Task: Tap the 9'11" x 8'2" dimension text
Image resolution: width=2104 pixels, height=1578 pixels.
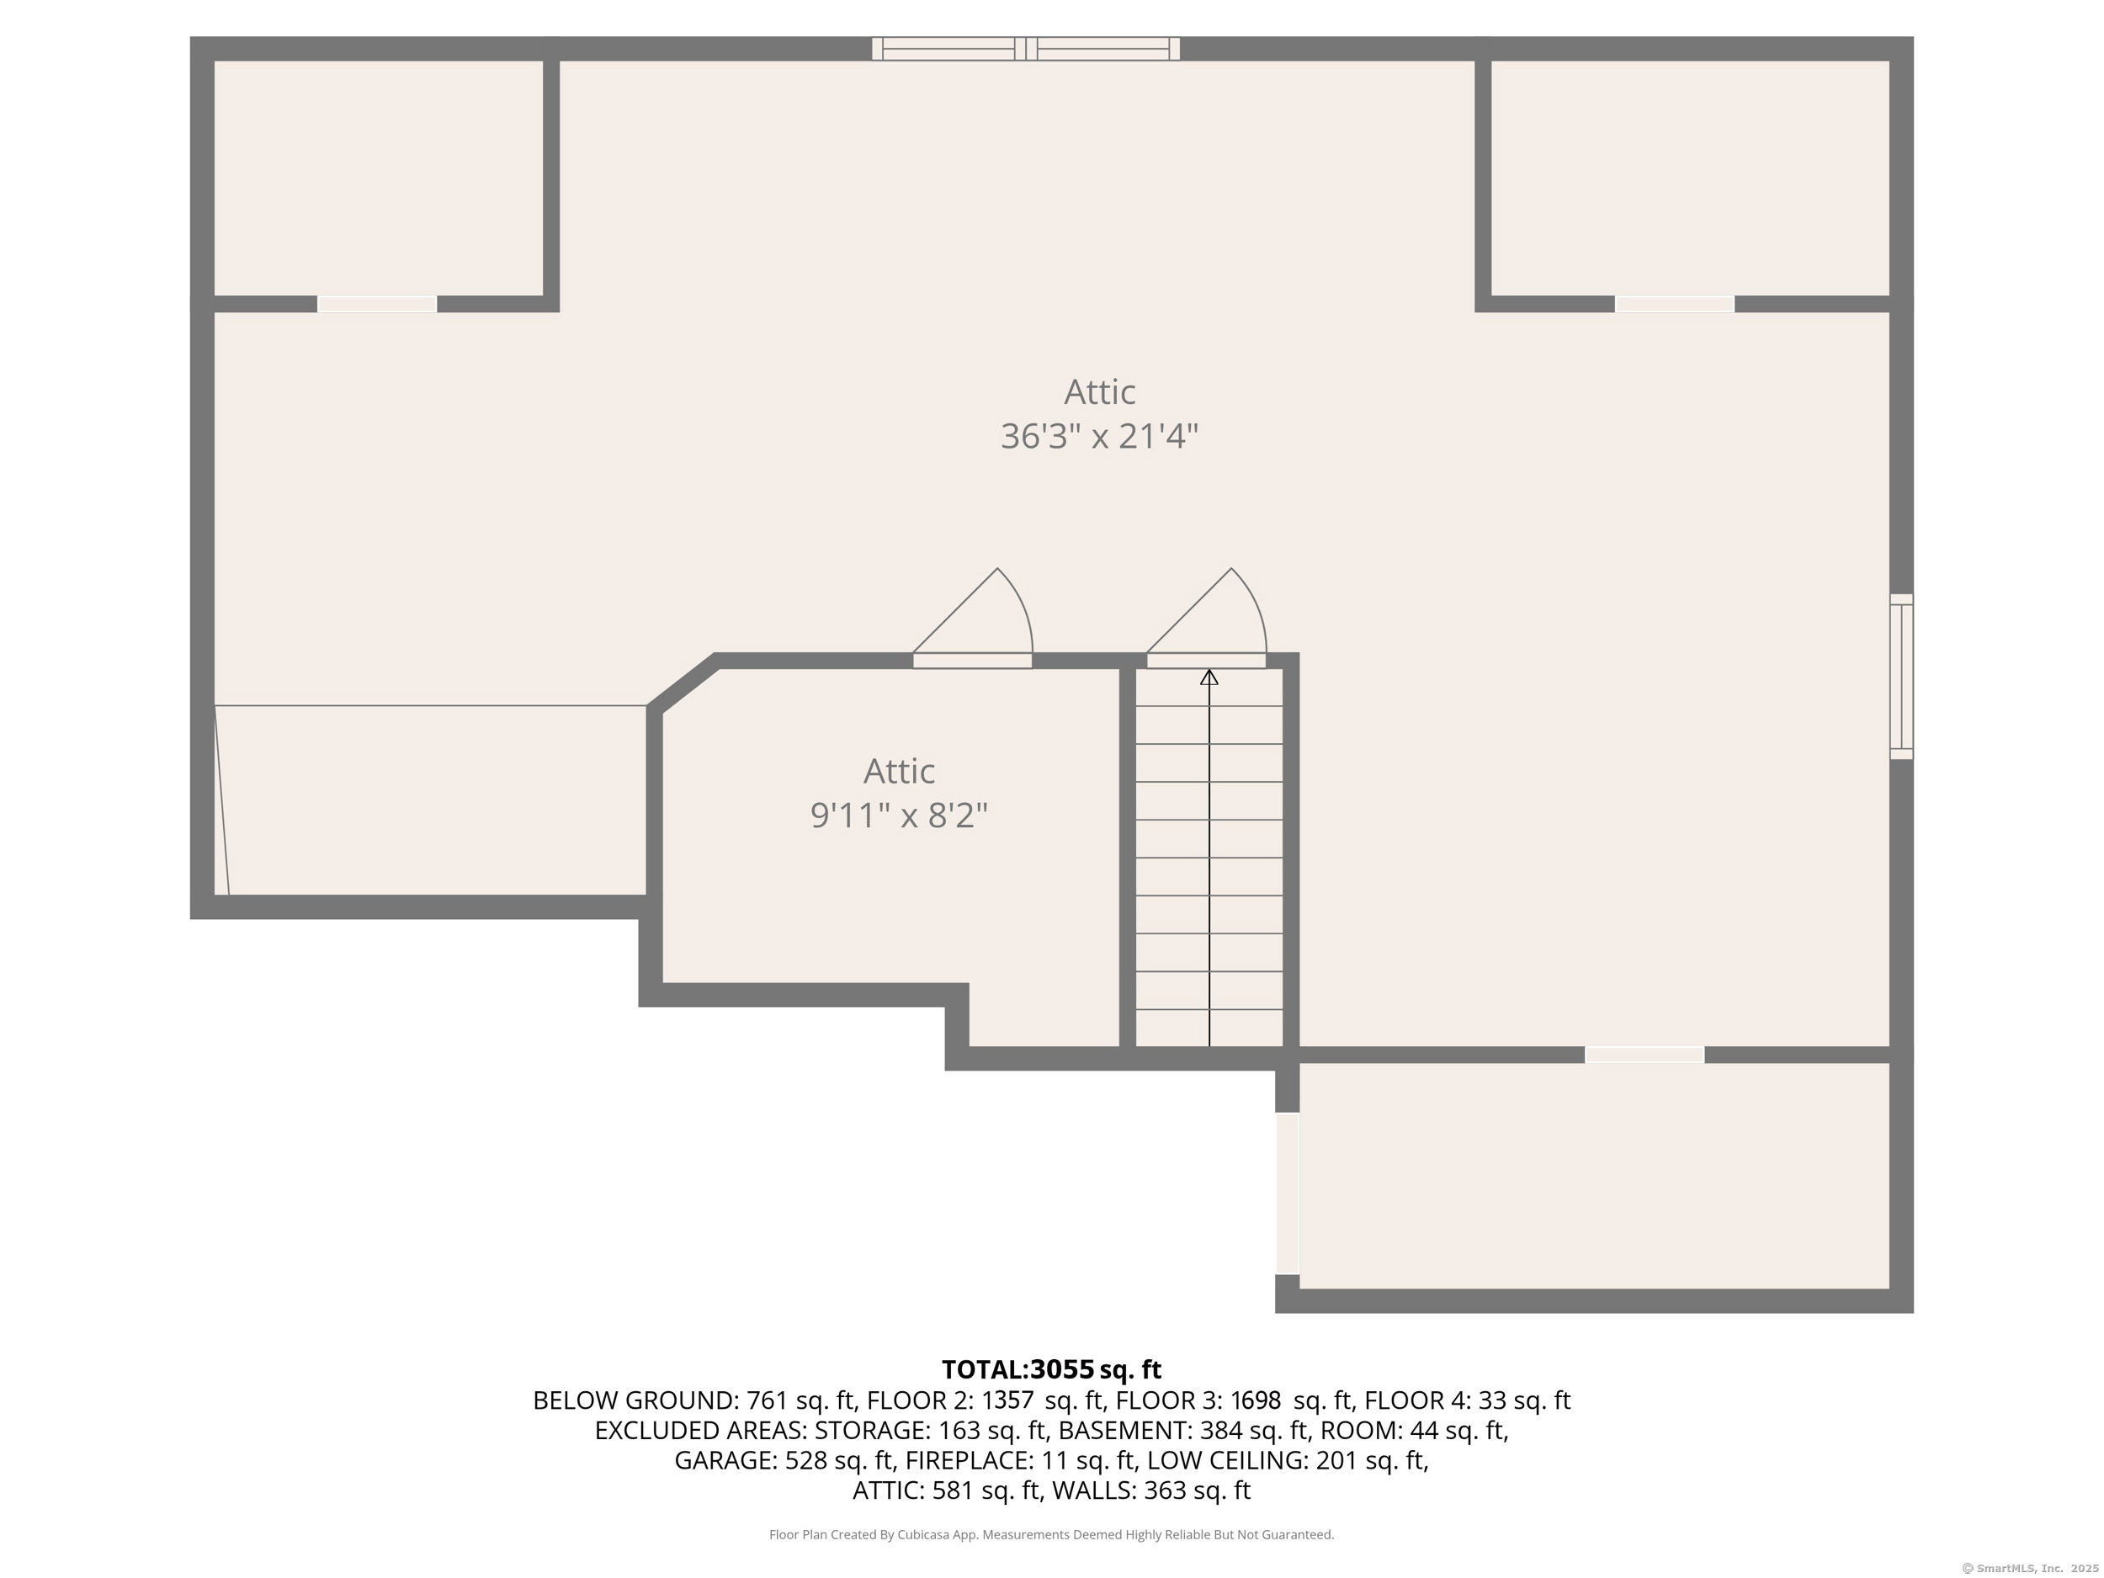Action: [x=899, y=816]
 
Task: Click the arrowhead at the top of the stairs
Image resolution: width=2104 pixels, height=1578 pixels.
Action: [x=1209, y=677]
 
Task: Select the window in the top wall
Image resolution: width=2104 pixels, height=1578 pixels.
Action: [x=1025, y=49]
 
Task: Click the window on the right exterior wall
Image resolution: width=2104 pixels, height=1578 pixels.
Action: [x=1900, y=677]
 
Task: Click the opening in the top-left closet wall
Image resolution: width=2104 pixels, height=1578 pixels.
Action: [x=377, y=305]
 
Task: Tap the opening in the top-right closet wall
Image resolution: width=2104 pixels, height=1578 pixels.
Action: [x=1674, y=305]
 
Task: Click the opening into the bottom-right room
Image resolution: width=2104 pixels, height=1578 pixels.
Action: [x=1644, y=1055]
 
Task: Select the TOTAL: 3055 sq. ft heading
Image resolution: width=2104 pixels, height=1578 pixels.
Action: [x=1051, y=1369]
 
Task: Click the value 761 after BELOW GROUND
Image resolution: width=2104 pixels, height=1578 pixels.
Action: [x=766, y=1401]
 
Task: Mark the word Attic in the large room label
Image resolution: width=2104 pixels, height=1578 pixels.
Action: [x=1100, y=392]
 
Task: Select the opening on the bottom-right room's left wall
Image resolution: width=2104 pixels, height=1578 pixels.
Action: [x=1287, y=1193]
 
